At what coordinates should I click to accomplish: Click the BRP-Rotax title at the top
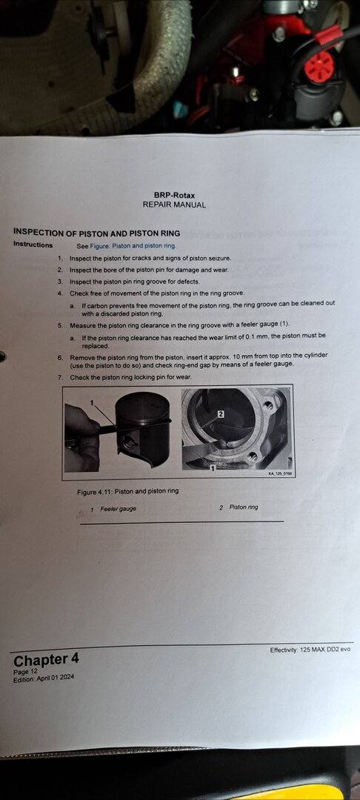[x=174, y=196]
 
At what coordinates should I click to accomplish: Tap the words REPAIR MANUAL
[x=174, y=205]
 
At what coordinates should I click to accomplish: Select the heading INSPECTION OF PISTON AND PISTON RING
[x=97, y=233]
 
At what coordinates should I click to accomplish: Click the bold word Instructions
[x=33, y=244]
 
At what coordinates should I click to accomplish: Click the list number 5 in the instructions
[x=60, y=325]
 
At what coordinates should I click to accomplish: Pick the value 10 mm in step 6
[x=241, y=355]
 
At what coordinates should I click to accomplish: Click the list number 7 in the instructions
[x=60, y=378]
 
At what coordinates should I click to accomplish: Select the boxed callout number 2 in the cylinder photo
[x=220, y=414]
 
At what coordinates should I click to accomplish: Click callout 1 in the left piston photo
[x=93, y=402]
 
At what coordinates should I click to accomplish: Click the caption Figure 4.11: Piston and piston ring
[x=127, y=492]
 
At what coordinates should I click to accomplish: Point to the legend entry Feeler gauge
[x=119, y=509]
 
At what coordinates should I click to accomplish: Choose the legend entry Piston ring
[x=244, y=507]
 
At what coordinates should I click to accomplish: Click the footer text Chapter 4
[x=47, y=660]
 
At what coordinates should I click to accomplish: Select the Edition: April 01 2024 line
[x=44, y=679]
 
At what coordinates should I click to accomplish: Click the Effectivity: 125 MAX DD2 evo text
[x=310, y=650]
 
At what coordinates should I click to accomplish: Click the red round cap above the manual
[x=319, y=67]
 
